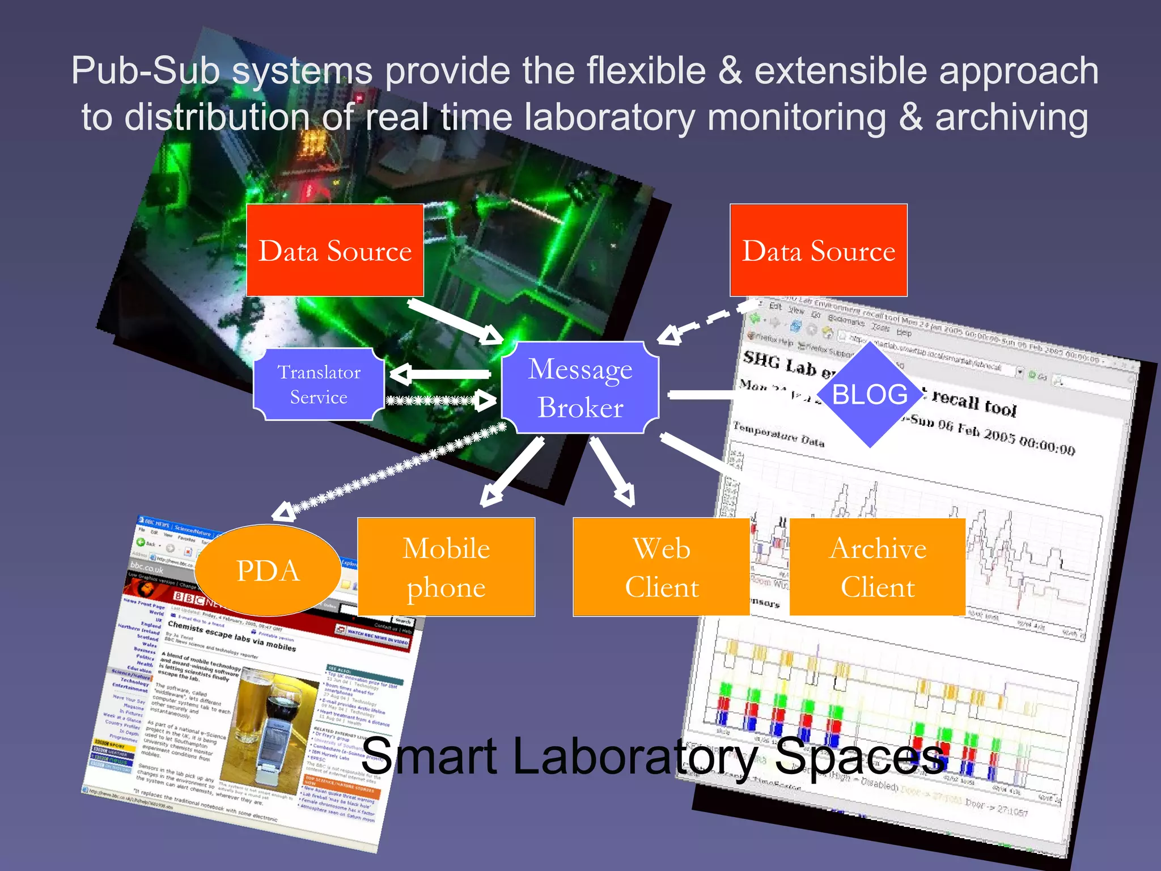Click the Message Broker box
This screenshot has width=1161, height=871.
(x=580, y=388)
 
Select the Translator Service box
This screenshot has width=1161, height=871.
(x=319, y=384)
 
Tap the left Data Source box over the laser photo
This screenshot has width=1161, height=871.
(x=335, y=250)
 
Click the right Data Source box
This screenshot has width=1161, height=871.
(x=818, y=250)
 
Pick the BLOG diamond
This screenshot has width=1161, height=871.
(x=870, y=394)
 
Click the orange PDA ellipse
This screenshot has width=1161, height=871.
(x=268, y=570)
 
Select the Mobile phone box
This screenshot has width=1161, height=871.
(x=446, y=567)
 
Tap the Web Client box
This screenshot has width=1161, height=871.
(x=661, y=567)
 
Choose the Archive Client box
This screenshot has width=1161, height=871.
(x=877, y=567)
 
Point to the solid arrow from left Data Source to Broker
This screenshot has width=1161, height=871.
(x=454, y=320)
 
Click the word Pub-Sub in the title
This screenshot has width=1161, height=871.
(x=145, y=71)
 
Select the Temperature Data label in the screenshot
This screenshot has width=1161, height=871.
(x=778, y=434)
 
